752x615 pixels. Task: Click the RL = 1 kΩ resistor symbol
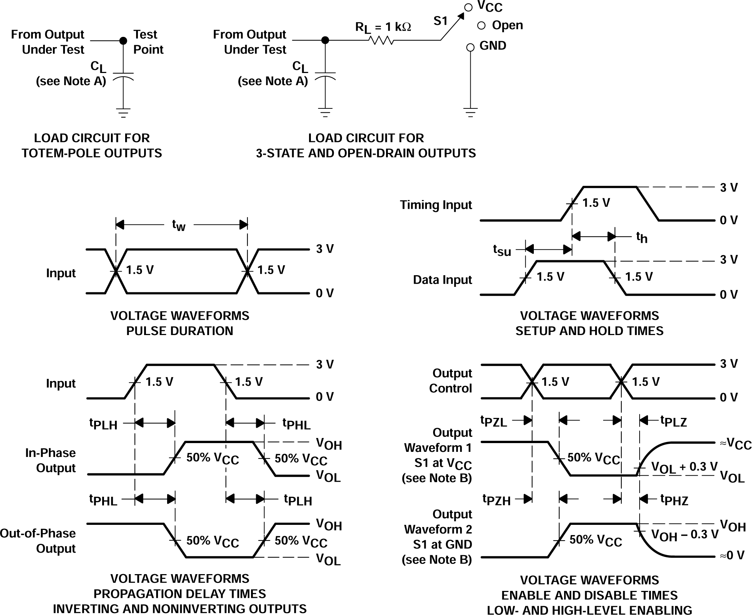(381, 40)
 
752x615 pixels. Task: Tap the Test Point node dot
(123, 40)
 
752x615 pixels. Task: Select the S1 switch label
(440, 21)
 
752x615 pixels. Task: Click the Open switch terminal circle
(481, 26)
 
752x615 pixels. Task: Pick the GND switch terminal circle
(470, 47)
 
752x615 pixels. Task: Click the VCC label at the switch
(490, 7)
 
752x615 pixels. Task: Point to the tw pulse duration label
(179, 225)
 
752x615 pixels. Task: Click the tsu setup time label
(502, 250)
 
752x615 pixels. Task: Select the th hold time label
(641, 238)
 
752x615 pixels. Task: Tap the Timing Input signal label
(436, 205)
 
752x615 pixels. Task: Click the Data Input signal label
(442, 280)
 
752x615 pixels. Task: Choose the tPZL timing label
(493, 421)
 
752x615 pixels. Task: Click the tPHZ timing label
(674, 500)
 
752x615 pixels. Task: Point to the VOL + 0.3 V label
(684, 467)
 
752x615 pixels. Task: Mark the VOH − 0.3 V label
(684, 535)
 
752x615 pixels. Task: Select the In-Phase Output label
(50, 460)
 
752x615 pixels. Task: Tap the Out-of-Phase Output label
(38, 541)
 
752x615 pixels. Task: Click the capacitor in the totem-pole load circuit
(123, 76)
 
